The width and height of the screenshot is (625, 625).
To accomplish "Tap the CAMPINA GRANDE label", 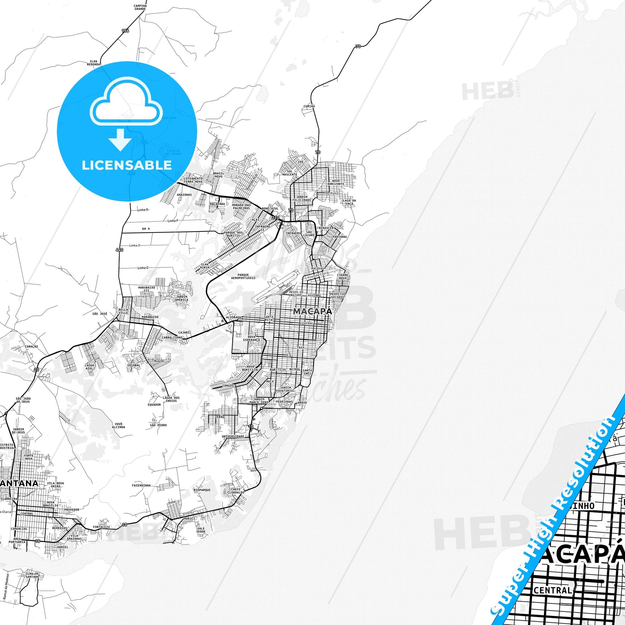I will (140, 7).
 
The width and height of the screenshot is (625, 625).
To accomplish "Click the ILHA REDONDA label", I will (93, 63).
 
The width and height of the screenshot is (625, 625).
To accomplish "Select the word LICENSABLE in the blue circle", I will (127, 165).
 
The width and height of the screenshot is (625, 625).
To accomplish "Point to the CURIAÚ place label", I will (309, 106).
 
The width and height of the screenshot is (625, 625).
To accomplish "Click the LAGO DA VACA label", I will (349, 202).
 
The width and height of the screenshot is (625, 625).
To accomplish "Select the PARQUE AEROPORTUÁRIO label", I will (243, 276).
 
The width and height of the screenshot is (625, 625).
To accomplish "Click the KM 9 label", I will (146, 229).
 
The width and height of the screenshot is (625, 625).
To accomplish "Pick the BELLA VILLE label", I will (124, 311).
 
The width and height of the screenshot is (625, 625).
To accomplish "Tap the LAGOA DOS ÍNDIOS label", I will (170, 399).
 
